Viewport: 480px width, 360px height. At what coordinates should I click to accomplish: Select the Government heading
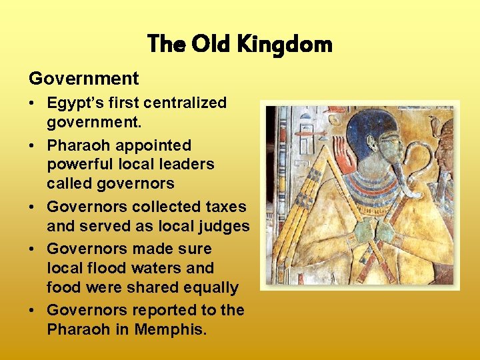tap(84, 79)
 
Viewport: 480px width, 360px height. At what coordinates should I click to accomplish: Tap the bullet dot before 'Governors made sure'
tap(34, 249)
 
